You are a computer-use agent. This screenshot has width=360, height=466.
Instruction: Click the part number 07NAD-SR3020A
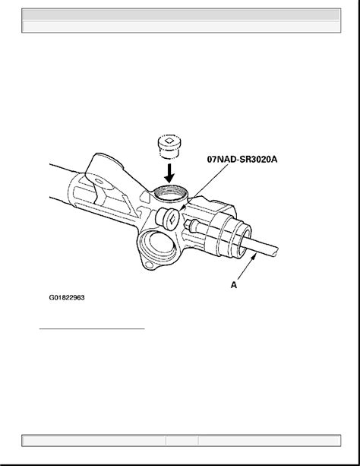tap(242, 160)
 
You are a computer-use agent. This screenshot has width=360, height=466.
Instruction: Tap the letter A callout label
tap(234, 285)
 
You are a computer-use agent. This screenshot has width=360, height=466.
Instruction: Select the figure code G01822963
tap(67, 297)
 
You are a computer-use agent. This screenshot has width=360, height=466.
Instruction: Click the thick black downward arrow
tap(169, 173)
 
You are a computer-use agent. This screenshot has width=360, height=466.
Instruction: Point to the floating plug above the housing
tap(169, 147)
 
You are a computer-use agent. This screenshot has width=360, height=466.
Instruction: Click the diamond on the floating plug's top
tap(169, 141)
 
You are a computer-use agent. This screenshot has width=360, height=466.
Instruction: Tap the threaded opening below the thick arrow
tap(170, 193)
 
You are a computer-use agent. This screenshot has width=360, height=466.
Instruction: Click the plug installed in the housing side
tap(168, 218)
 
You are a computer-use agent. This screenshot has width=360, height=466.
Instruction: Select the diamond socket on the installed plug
tap(172, 220)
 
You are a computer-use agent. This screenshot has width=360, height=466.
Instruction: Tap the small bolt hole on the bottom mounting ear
tap(150, 265)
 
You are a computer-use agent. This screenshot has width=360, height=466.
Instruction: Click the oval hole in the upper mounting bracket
tap(99, 181)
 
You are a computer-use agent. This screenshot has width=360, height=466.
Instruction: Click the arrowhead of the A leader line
tap(254, 258)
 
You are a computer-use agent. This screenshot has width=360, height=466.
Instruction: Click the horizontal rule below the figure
tap(92, 329)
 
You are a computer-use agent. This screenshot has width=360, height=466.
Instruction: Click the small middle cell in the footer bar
tap(182, 440)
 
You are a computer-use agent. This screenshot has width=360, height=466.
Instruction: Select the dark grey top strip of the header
tap(182, 14)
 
